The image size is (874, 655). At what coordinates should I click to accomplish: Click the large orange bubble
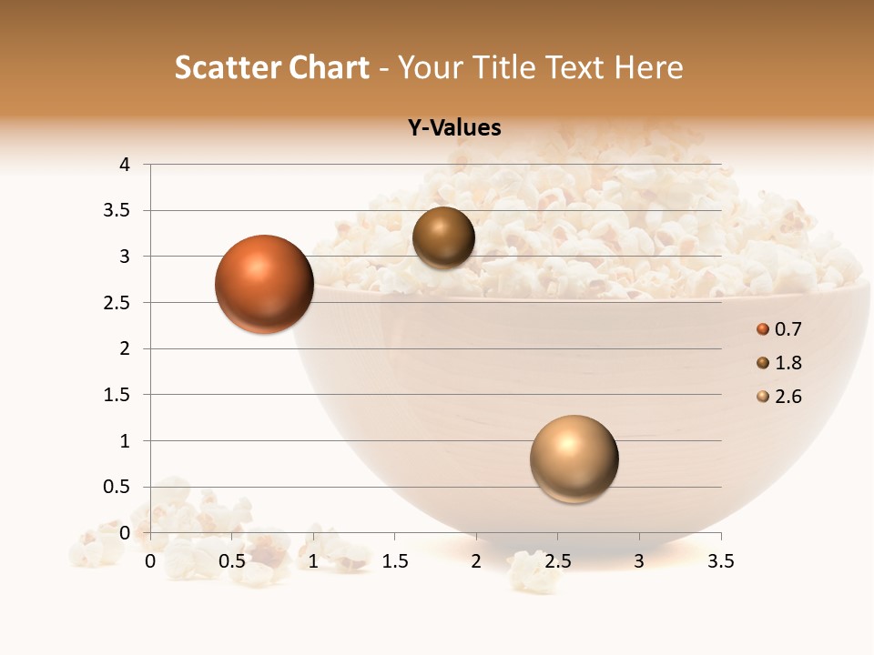264,284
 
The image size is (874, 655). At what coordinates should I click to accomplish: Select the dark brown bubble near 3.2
443,237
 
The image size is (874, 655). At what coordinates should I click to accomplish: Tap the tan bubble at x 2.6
574,458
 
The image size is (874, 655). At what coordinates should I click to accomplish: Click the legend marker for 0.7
763,329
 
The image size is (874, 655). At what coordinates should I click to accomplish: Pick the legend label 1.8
788,363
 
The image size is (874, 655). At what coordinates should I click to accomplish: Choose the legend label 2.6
788,397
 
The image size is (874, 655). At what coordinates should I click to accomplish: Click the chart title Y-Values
454,128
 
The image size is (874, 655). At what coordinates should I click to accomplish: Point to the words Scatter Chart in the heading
271,67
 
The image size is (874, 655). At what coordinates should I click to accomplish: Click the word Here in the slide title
648,67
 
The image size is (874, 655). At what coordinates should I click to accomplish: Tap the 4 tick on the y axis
126,165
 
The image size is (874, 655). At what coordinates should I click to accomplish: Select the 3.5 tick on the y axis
119,210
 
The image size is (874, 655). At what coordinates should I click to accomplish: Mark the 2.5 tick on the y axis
119,303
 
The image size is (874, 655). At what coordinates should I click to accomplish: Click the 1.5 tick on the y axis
119,395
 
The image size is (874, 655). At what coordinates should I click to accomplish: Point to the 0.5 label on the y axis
119,487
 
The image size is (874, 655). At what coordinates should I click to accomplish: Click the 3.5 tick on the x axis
721,562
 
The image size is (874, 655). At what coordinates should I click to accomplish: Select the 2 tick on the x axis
476,562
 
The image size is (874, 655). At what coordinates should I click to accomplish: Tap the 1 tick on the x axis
313,562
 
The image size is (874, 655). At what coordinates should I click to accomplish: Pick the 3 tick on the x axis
639,562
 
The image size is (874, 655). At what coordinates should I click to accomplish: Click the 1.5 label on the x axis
395,562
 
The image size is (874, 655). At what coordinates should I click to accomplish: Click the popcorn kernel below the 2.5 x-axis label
530,572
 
